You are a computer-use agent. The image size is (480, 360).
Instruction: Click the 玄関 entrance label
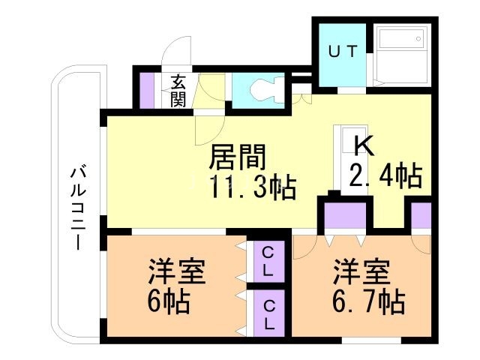178,91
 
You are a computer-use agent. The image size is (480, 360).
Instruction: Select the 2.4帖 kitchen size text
384,175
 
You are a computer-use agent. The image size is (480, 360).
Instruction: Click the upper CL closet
267,262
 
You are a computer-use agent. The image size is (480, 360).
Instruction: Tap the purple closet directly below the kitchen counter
344,214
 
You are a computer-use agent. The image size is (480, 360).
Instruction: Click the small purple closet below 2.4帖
421,214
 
